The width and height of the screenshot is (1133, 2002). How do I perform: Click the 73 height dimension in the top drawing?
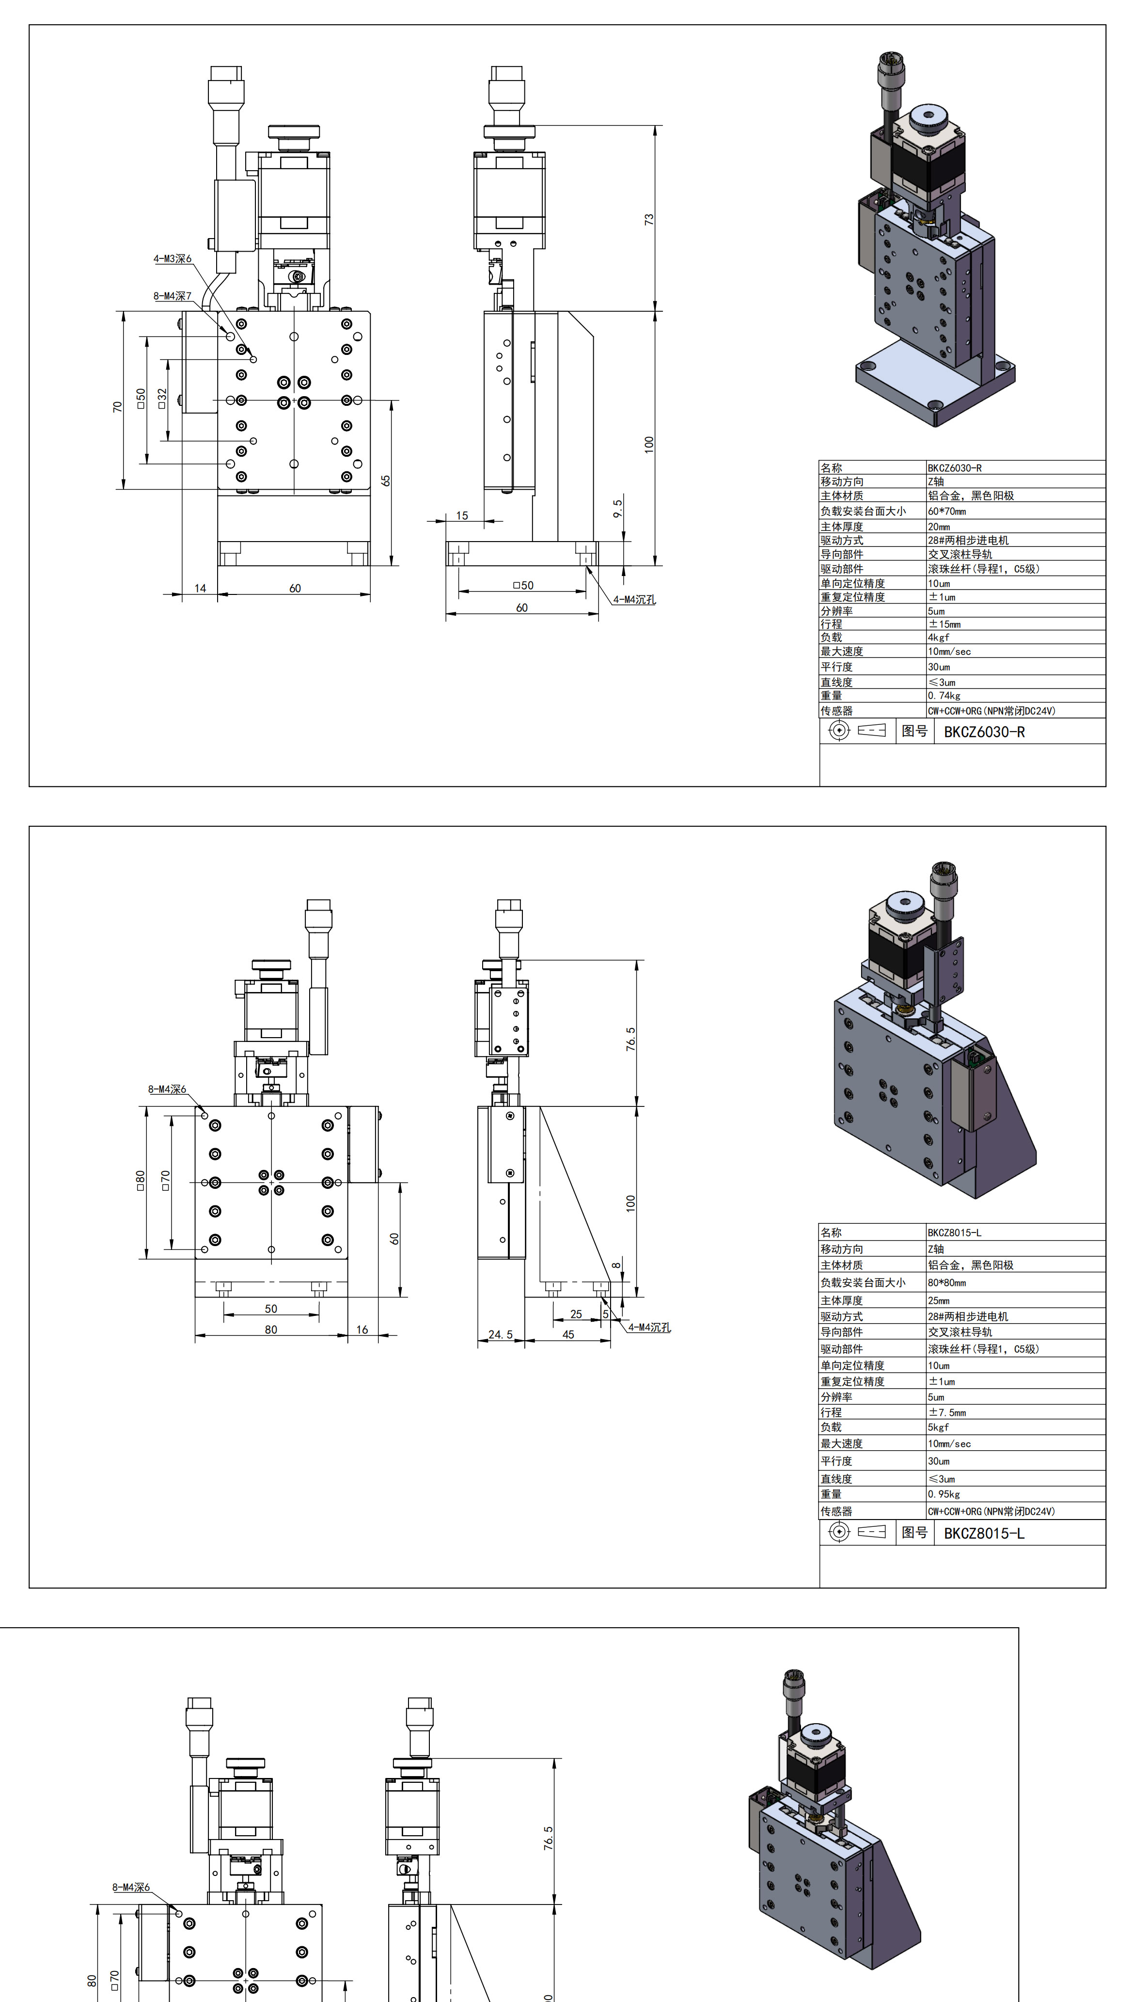click(x=649, y=220)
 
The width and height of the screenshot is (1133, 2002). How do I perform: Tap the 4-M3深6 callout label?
click(x=172, y=258)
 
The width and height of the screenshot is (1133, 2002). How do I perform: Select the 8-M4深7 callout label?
click(x=172, y=296)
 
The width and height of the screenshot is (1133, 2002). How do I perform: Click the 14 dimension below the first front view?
click(x=200, y=589)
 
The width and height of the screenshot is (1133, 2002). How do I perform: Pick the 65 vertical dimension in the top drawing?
click(x=386, y=480)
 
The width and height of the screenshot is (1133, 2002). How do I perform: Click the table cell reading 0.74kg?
click(x=944, y=696)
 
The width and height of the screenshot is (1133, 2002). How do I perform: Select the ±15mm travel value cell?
click(x=944, y=625)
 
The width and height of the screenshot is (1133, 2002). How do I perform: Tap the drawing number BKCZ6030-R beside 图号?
click(x=984, y=732)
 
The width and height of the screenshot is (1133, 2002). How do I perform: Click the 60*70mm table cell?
click(x=946, y=512)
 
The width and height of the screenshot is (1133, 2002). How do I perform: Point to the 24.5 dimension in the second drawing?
click(x=501, y=1334)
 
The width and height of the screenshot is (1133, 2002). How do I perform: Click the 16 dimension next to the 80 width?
click(x=362, y=1329)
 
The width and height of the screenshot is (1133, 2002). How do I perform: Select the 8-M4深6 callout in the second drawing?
click(x=167, y=1089)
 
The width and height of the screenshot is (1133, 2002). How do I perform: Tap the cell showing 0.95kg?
click(x=944, y=1494)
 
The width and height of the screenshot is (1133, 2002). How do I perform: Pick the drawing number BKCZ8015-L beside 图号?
click(x=984, y=1534)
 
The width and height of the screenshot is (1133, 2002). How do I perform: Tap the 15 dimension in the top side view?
click(x=462, y=515)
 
